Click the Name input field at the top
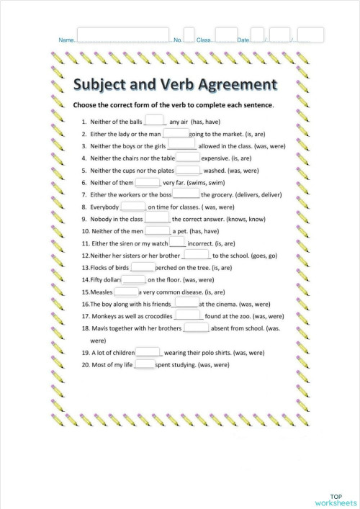tap(122, 35)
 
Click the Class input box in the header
tap(225, 35)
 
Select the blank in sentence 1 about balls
tap(154, 121)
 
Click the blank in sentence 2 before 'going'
tap(176, 133)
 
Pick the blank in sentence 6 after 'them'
tap(157, 182)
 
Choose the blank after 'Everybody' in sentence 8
tap(133, 207)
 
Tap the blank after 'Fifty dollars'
tap(133, 279)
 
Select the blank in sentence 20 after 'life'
tap(145, 364)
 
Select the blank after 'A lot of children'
tap(148, 352)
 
